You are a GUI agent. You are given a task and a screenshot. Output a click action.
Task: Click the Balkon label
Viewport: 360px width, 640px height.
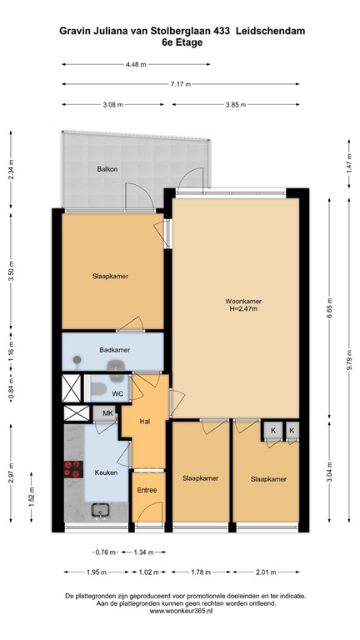tap(107, 169)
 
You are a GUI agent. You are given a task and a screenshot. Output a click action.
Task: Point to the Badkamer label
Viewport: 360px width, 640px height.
tap(112, 350)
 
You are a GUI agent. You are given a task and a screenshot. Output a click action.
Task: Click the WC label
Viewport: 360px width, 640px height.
tap(117, 392)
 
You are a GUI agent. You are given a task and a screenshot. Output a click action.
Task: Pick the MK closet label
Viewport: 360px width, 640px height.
tap(107, 412)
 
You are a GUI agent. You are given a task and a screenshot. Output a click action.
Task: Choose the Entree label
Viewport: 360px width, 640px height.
tap(147, 490)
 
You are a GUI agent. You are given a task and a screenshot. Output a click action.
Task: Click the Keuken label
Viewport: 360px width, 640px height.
tap(106, 472)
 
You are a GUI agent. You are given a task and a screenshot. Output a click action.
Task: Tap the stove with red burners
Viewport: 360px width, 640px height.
tap(72, 468)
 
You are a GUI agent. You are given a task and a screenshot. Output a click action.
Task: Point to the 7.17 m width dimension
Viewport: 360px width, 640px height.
tap(179, 84)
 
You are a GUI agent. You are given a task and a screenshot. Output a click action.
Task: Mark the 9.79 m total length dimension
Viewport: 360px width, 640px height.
tap(349, 359)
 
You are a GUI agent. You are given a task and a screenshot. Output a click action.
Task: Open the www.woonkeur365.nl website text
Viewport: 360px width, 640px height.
tap(179, 612)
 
